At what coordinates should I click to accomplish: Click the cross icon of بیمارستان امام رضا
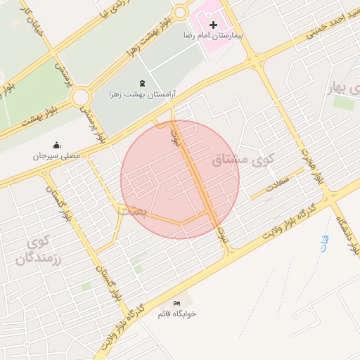pos(213,25)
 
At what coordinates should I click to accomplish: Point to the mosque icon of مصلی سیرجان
pos(56,145)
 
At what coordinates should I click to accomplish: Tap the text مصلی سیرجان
pos(56,155)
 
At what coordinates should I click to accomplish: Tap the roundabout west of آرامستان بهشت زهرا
pos(80,96)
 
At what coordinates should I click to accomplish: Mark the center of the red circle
pos(180,179)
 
